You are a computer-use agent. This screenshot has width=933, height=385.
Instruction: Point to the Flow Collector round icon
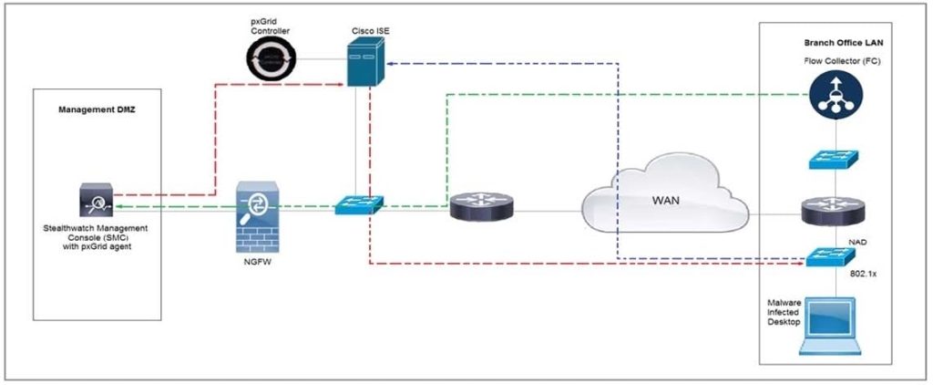(x=829, y=95)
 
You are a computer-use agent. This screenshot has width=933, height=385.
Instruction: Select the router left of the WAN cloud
(x=481, y=207)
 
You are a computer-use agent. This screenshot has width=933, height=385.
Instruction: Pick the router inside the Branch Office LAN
(x=829, y=213)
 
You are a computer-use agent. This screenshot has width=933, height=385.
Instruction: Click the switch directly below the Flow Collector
(x=829, y=158)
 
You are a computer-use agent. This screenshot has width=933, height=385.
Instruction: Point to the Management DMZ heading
(x=95, y=109)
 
